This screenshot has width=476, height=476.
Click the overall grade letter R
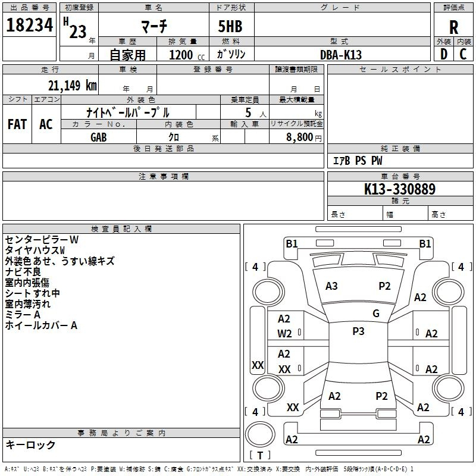[454, 27]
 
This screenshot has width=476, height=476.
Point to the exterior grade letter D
[443, 54]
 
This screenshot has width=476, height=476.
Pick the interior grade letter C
[463, 54]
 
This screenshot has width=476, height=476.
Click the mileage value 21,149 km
[68, 85]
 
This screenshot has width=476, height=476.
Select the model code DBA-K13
[341, 54]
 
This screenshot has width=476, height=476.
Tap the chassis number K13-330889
[400, 190]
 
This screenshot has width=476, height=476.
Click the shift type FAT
[17, 124]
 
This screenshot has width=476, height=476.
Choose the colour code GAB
[99, 137]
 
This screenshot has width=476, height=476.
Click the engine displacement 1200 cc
[184, 55]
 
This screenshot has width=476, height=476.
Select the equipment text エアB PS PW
[357, 161]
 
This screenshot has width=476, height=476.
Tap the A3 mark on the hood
[331, 286]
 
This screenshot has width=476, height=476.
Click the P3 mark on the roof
[358, 331]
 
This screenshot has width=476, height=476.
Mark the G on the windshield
[376, 314]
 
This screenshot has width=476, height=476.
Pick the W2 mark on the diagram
[284, 334]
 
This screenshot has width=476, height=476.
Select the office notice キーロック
[30, 444]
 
